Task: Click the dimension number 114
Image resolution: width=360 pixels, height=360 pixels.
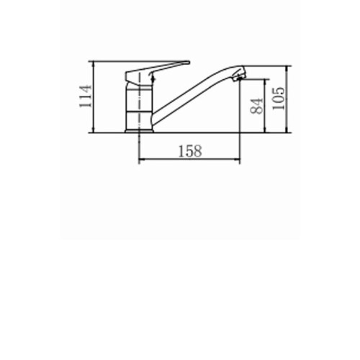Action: (86, 96)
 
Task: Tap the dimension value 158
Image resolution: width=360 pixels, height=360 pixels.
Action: (190, 151)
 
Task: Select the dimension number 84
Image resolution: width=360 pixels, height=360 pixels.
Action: (256, 106)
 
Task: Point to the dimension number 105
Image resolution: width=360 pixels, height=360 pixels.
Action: (279, 98)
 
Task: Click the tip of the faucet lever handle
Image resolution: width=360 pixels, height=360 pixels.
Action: (189, 63)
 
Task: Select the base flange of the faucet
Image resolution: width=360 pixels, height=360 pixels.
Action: (139, 131)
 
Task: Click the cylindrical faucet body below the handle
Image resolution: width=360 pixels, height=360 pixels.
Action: (139, 108)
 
